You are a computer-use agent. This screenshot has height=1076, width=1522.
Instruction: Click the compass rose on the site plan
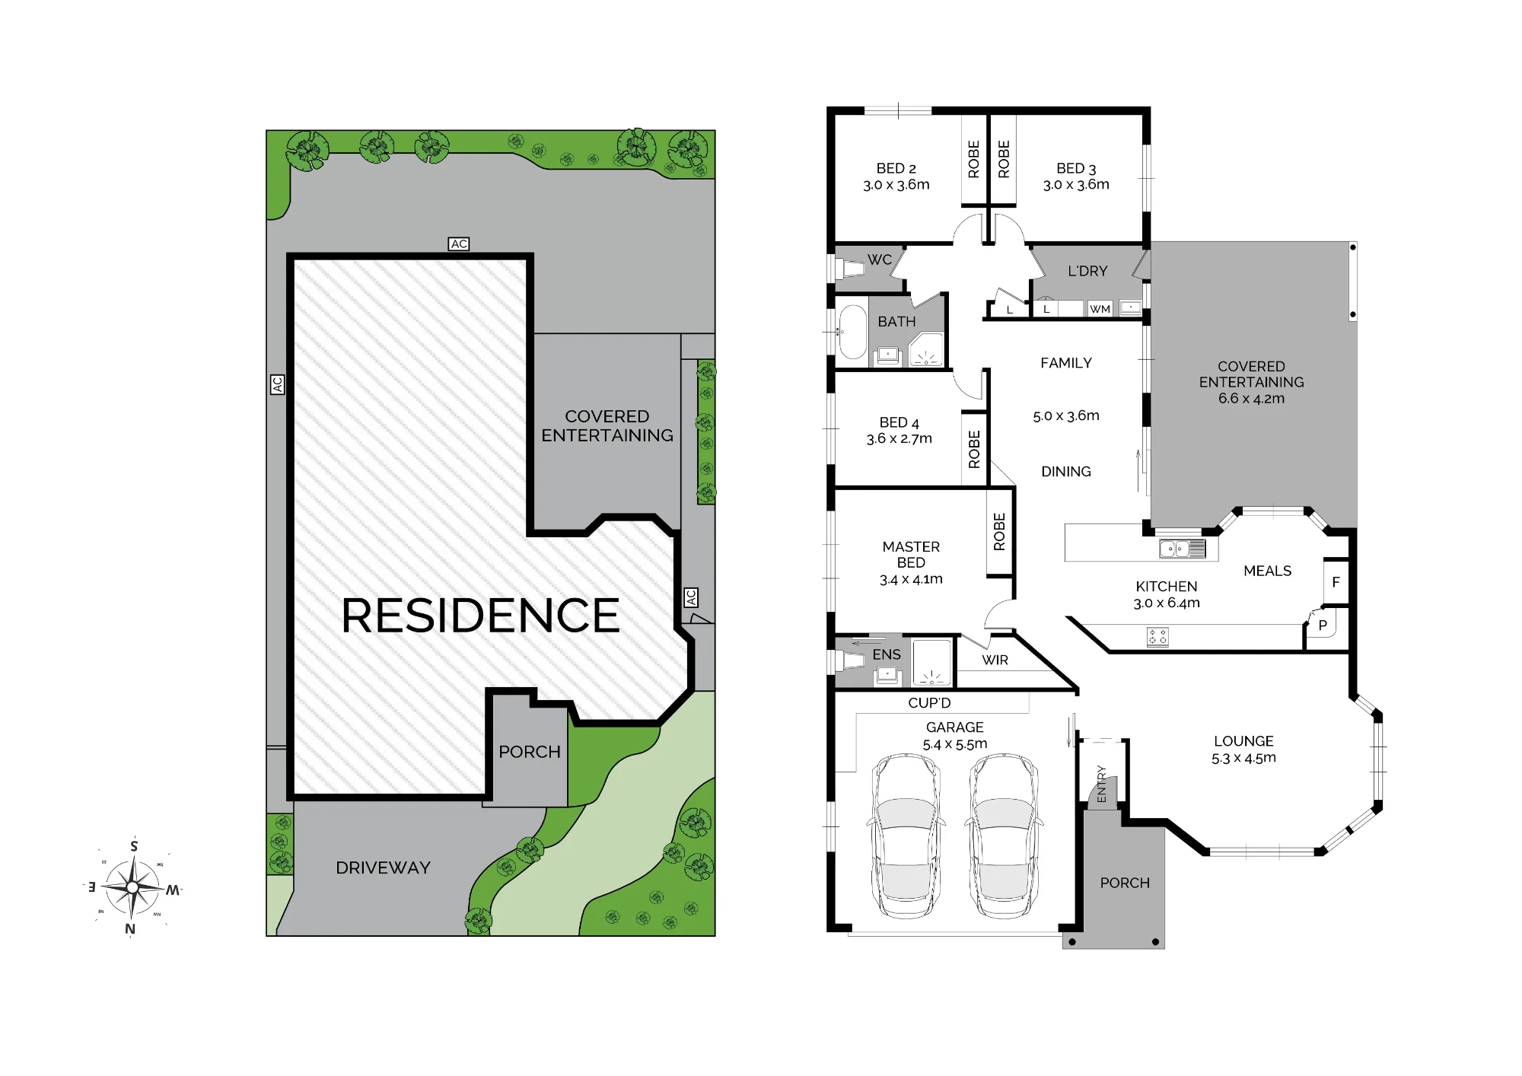tap(132, 887)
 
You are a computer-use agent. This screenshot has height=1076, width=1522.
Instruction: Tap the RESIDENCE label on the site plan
tap(481, 615)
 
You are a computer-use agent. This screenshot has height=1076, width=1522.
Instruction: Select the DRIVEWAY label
tap(383, 867)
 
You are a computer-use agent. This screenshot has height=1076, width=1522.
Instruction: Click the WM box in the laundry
tap(1100, 308)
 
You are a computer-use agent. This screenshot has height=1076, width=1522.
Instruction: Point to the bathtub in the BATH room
tap(852, 332)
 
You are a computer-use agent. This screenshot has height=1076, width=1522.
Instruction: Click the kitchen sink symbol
tap(1183, 548)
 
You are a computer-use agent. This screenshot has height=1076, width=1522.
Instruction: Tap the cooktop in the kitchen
tap(1157, 637)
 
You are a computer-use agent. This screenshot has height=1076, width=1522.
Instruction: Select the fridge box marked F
tap(1336, 582)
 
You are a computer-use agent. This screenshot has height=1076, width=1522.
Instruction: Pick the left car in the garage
tap(906, 836)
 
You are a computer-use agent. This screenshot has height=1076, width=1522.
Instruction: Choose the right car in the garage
tap(1004, 836)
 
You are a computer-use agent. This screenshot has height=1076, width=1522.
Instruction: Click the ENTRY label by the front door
tap(1101, 784)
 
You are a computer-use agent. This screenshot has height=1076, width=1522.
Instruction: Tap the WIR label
tap(995, 660)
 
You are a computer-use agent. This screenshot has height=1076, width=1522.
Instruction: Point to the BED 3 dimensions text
tap(1076, 184)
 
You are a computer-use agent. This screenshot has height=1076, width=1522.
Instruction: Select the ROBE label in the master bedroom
tap(999, 531)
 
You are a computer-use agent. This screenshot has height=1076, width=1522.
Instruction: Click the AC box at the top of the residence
tap(459, 244)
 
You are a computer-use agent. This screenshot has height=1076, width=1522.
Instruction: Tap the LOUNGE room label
tap(1243, 740)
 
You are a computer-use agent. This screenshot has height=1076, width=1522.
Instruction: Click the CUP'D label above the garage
tap(929, 702)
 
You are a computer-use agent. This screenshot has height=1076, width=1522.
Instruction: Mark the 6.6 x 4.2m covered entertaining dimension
tap(1251, 398)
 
